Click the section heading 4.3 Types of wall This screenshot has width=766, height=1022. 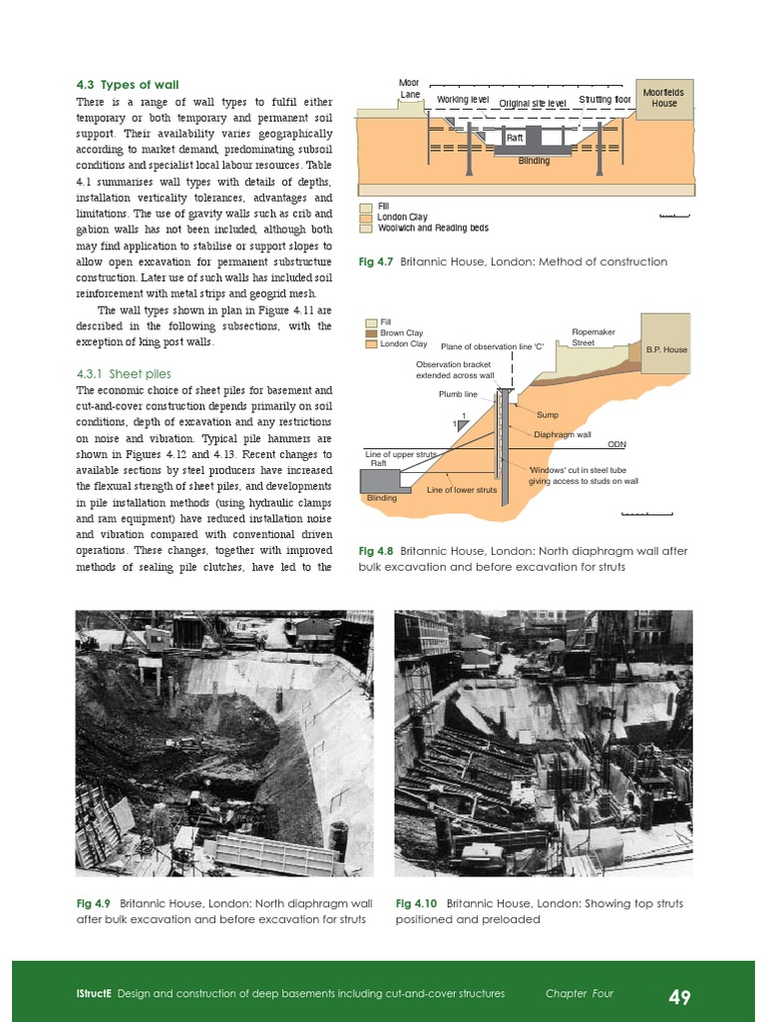pyautogui.click(x=128, y=85)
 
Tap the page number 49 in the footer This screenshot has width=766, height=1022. pyautogui.click(x=679, y=996)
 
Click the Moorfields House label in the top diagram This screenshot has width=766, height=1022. pyautogui.click(x=663, y=98)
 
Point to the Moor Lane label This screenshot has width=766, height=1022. pyautogui.click(x=410, y=88)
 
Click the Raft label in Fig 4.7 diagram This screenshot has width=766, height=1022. pyautogui.click(x=515, y=138)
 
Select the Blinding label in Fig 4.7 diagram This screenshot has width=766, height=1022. pyautogui.click(x=534, y=161)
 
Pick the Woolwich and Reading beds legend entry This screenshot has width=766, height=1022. pyautogui.click(x=433, y=229)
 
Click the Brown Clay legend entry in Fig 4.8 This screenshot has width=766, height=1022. pyautogui.click(x=402, y=333)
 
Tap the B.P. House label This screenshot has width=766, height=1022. pyautogui.click(x=667, y=350)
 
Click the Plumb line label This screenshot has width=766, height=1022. pyautogui.click(x=458, y=394)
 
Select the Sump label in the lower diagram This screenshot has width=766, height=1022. pyautogui.click(x=548, y=414)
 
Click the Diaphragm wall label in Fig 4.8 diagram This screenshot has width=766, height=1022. pyautogui.click(x=563, y=434)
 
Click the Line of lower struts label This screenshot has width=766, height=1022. pyautogui.click(x=462, y=490)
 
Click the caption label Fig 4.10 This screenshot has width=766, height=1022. pyautogui.click(x=417, y=903)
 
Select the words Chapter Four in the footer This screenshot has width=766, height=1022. pyautogui.click(x=579, y=994)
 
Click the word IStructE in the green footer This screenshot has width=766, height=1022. pyautogui.click(x=95, y=994)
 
